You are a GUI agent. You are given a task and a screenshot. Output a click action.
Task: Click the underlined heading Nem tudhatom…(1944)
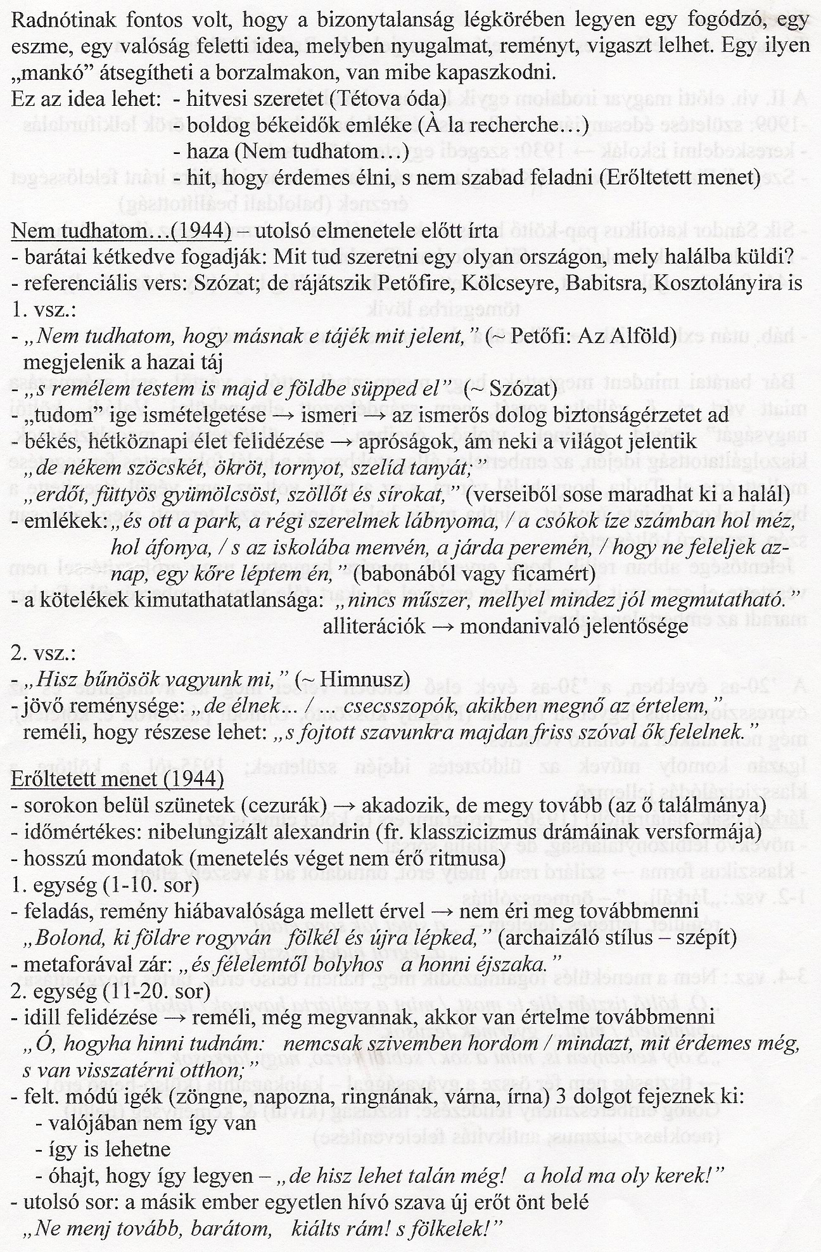point(122,231)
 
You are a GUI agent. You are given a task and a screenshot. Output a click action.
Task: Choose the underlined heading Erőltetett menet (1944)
point(117,779)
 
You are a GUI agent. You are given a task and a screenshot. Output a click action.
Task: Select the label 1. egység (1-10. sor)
point(105,884)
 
